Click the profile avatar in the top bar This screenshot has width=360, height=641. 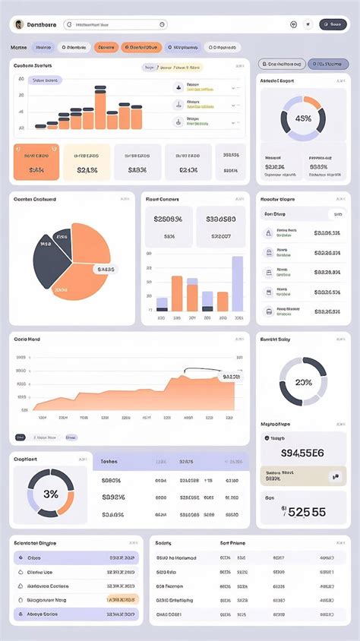pos(18,24)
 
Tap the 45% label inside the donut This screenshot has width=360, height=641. pos(303,118)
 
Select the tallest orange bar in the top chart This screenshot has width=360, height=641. pos(99,109)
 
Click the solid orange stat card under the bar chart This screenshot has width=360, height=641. pos(36,163)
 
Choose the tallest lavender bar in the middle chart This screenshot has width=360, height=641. pos(238,283)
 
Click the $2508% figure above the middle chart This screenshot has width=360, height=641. pos(168,219)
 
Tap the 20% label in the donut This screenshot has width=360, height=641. pos(303,382)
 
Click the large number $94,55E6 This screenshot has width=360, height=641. pos(302,453)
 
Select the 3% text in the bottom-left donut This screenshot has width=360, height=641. pos(51,494)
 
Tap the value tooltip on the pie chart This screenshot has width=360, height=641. pos(105,269)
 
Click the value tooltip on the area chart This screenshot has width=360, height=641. pos(230,377)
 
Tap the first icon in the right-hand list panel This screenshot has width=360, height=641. pos(268,233)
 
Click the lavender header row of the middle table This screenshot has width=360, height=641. pos(171,461)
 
